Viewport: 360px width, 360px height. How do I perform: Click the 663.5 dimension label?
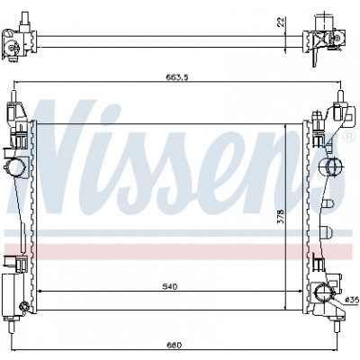click(x=177, y=77)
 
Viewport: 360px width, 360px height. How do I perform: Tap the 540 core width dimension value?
click(x=170, y=287)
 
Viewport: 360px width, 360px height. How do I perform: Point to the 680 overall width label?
click(x=174, y=346)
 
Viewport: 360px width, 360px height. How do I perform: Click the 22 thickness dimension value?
click(x=281, y=22)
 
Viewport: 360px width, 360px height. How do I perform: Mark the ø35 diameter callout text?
click(x=352, y=300)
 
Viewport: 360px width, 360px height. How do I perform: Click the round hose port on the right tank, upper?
click(x=334, y=166)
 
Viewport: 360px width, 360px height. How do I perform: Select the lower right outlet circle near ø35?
click(x=323, y=292)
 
